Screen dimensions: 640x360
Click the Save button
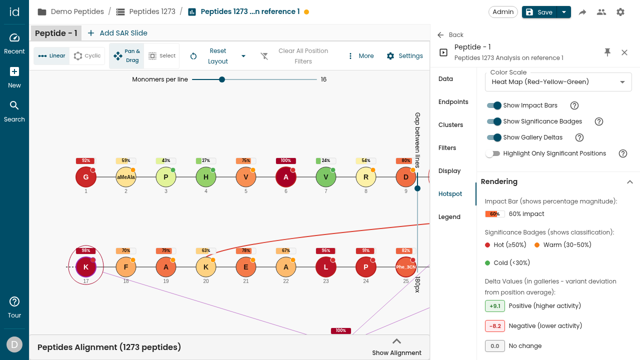pos(539,12)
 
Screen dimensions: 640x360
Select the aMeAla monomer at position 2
pos(125,177)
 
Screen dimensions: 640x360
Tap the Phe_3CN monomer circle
pos(405,267)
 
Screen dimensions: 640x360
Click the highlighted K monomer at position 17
pos(85,267)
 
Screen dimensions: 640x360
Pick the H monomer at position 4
pos(205,177)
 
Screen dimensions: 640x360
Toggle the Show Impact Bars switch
pos(494,105)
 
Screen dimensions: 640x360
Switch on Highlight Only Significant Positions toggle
pos(493,153)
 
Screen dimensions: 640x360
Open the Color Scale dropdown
pos(558,82)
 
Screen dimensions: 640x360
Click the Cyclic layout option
pos(87,55)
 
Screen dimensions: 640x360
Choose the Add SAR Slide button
pos(117,33)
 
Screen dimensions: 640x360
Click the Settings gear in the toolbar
pos(404,55)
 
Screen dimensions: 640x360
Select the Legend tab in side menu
pos(449,217)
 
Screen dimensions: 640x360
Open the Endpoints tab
pos(453,102)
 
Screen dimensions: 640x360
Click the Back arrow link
pos(450,35)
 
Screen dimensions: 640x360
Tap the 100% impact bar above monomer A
pos(285,160)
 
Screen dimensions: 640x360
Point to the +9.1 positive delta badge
pos(494,306)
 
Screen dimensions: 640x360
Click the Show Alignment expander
pos(396,347)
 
